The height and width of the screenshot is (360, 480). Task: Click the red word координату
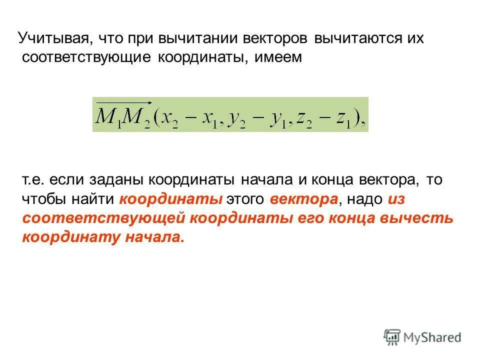[x=70, y=238]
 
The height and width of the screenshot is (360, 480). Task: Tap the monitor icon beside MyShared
[x=392, y=337]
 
